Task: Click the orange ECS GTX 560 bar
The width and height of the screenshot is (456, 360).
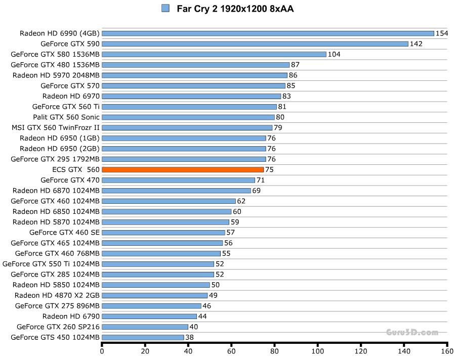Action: tap(183, 170)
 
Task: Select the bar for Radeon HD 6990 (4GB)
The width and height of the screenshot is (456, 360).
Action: tap(268, 33)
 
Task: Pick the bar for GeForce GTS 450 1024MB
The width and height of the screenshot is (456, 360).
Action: tap(143, 337)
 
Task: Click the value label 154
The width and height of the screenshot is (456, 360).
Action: tap(442, 33)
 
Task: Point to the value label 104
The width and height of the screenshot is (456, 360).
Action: tap(334, 55)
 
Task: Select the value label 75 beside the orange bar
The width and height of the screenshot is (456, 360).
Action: tap(269, 170)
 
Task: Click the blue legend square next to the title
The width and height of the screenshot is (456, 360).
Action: tap(165, 8)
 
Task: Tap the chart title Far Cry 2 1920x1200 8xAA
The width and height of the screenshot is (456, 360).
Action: tap(235, 9)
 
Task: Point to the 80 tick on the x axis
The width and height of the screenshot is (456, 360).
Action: tap(275, 351)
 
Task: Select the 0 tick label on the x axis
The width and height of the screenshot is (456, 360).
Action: tap(102, 351)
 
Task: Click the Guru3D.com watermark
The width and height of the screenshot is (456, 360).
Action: tap(412, 333)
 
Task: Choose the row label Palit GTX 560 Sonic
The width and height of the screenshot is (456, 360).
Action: tap(66, 117)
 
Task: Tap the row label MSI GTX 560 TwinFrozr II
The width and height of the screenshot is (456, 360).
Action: tap(56, 127)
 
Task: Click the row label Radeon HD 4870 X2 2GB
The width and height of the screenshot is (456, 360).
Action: tap(57, 295)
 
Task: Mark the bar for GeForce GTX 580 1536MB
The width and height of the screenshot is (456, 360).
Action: tap(214, 55)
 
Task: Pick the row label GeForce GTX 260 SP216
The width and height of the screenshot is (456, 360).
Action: tap(58, 327)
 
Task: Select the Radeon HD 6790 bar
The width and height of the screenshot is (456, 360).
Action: tap(149, 317)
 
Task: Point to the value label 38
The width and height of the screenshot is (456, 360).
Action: tap(190, 337)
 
